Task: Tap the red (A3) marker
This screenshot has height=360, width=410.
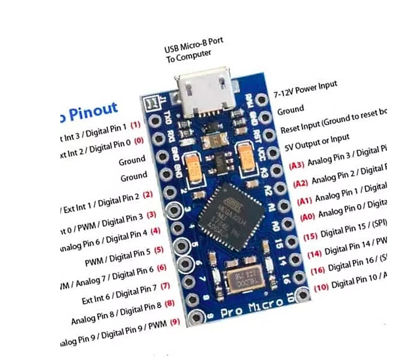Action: pos(297,165)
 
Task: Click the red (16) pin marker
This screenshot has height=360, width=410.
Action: pos(317,269)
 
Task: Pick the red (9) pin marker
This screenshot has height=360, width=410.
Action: pos(174,321)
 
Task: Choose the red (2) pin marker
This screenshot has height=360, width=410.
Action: pos(148,194)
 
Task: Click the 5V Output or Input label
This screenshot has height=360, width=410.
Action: pos(315,140)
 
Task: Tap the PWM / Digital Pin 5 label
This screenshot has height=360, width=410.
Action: pos(125,251)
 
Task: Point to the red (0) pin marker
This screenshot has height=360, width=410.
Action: pos(138,141)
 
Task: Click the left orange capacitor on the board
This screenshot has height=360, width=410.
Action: pos(194,169)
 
